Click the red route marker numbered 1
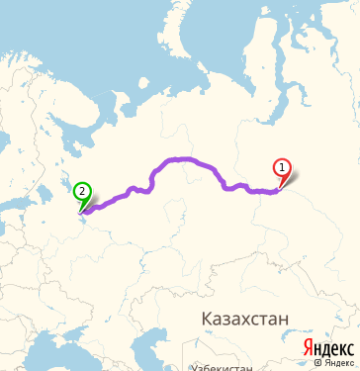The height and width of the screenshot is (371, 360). point(283,169)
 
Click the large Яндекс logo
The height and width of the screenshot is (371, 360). point(328,347)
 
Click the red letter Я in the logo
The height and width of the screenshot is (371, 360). point(309,347)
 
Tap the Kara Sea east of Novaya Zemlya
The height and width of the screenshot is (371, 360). point(227,49)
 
